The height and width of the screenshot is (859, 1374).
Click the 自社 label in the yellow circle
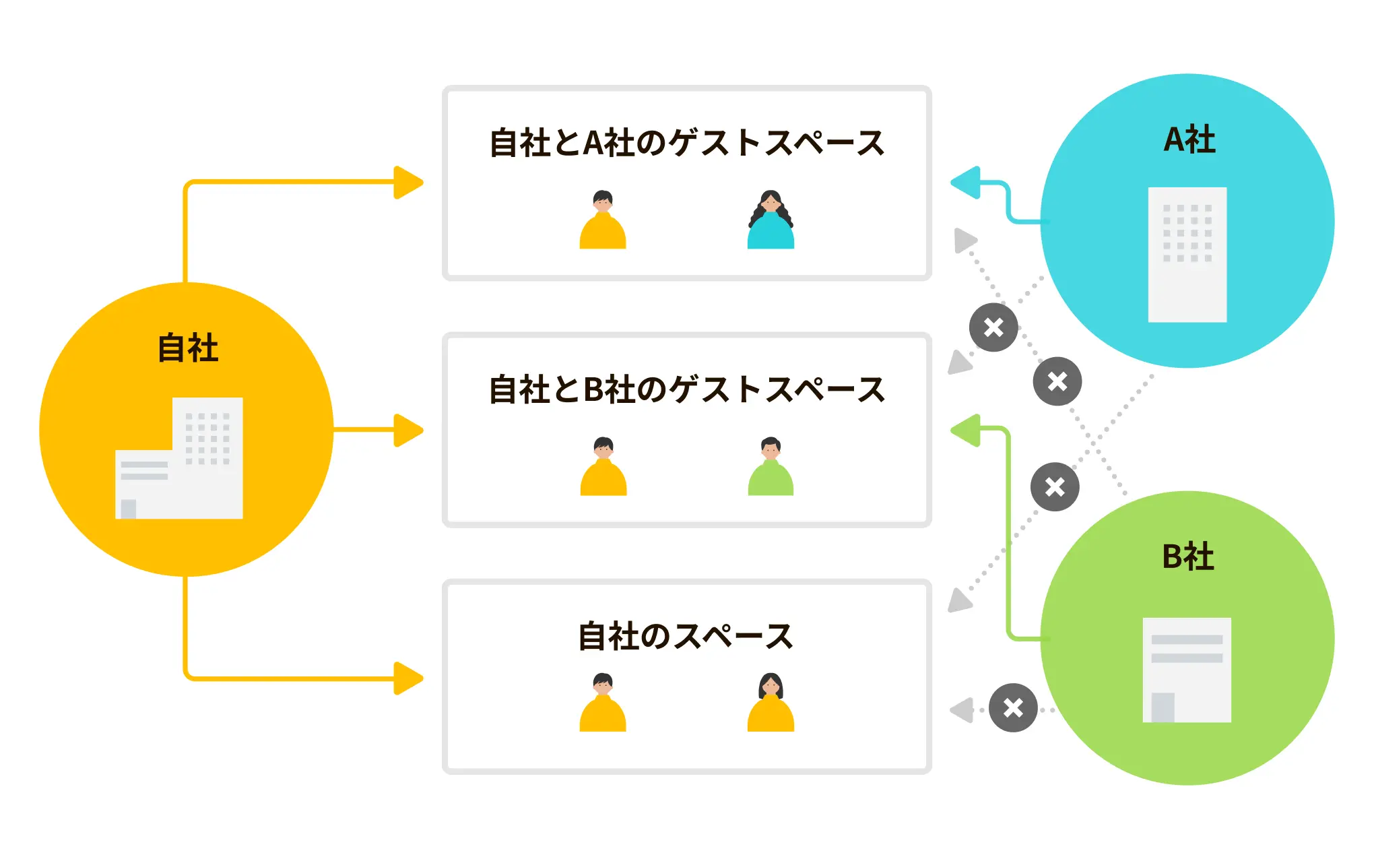tap(188, 348)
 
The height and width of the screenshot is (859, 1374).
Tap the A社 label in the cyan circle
tap(1189, 139)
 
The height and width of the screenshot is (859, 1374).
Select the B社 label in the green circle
tap(1188, 556)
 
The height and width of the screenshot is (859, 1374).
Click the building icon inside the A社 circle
tap(1187, 255)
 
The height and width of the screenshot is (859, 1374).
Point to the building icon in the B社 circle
tap(1187, 670)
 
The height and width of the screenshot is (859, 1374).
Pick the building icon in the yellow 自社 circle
tap(179, 458)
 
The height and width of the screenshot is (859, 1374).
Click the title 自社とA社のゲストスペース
tap(686, 143)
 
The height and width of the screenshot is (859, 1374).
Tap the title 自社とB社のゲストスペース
tap(686, 389)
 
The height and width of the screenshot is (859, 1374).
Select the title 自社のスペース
tap(686, 636)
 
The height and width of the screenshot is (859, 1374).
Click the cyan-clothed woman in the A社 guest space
tap(771, 220)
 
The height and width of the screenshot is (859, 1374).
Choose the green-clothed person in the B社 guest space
tap(771, 467)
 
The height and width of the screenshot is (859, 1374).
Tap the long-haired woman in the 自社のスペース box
tap(771, 703)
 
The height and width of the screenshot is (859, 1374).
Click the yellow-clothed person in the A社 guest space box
tap(603, 220)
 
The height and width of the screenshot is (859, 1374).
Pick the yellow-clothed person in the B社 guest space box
tap(603, 467)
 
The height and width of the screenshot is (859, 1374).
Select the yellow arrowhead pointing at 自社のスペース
tap(408, 678)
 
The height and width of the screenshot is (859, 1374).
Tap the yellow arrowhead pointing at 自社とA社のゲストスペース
tap(408, 183)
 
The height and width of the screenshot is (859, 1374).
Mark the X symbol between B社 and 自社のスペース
tap(1013, 707)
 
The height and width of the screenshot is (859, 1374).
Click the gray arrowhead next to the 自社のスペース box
tap(962, 710)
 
